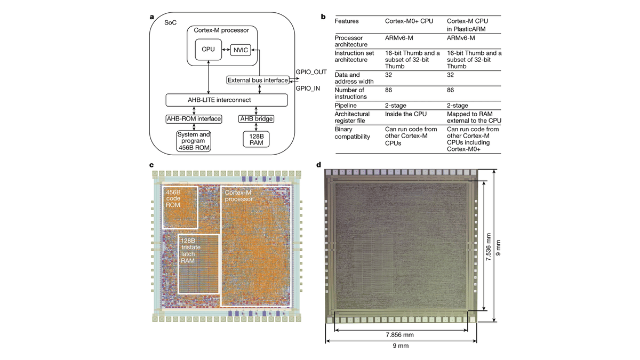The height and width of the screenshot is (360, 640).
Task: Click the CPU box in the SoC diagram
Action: coord(208,49)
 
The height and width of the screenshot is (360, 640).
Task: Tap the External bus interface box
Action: coord(258,81)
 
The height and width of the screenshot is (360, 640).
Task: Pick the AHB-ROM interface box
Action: coord(194,118)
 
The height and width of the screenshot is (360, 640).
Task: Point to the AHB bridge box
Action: coord(256,118)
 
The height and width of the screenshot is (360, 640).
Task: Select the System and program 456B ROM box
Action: coord(194,141)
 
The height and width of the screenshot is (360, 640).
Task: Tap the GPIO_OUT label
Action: coord(310,71)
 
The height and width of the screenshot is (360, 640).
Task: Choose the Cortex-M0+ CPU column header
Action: coord(409,21)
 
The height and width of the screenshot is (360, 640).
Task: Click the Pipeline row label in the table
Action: coord(346,105)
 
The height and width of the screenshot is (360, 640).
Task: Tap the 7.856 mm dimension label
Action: coord(400,335)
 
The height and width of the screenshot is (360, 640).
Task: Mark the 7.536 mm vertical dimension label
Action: coord(488,245)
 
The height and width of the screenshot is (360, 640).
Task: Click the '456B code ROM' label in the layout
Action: coord(173,198)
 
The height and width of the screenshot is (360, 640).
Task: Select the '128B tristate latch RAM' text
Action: coord(189,251)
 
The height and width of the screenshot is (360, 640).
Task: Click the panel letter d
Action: coord(319,164)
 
